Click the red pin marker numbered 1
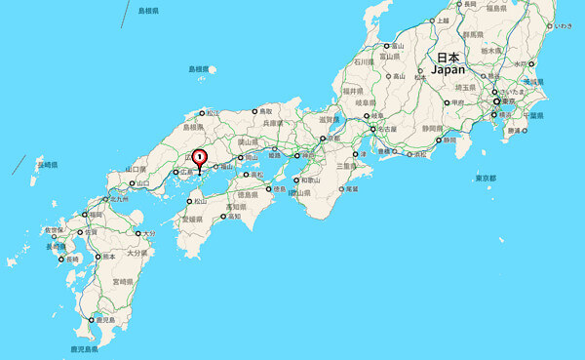200,157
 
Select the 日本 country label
448,58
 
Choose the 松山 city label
200,202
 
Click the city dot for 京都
322,139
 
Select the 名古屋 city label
388,129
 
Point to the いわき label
565,25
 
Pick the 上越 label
444,20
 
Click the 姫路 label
274,155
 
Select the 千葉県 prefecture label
534,114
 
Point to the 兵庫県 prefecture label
275,124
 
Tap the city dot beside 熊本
96,257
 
